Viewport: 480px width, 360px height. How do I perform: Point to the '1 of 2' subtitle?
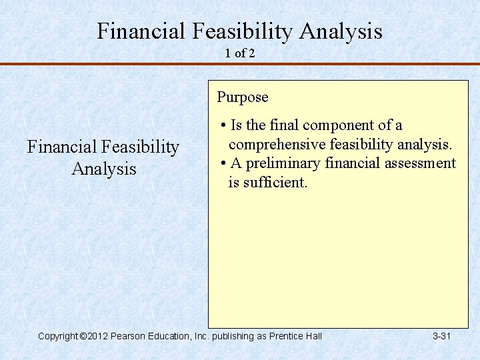click(240, 54)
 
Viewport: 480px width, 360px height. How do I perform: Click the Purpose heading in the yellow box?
click(243, 97)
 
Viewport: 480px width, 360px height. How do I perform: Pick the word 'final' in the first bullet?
click(280, 125)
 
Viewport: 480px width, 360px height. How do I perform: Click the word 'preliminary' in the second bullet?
click(285, 163)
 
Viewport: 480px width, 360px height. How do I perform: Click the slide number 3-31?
click(441, 336)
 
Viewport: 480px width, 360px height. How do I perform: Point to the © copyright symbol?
click(83, 336)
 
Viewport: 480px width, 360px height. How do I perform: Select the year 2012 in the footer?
click(97, 336)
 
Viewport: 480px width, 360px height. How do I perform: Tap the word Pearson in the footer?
click(128, 336)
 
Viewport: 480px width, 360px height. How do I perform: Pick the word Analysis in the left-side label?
click(104, 169)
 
